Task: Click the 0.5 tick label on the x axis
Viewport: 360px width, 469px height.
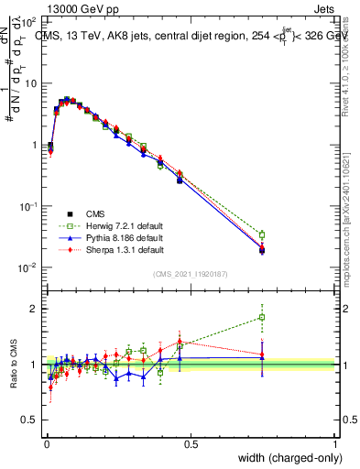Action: coord(191,443)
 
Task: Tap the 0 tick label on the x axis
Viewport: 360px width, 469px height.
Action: coord(46,443)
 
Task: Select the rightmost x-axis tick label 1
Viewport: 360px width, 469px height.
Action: coord(335,443)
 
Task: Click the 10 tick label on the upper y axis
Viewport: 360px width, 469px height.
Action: coord(31,83)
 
